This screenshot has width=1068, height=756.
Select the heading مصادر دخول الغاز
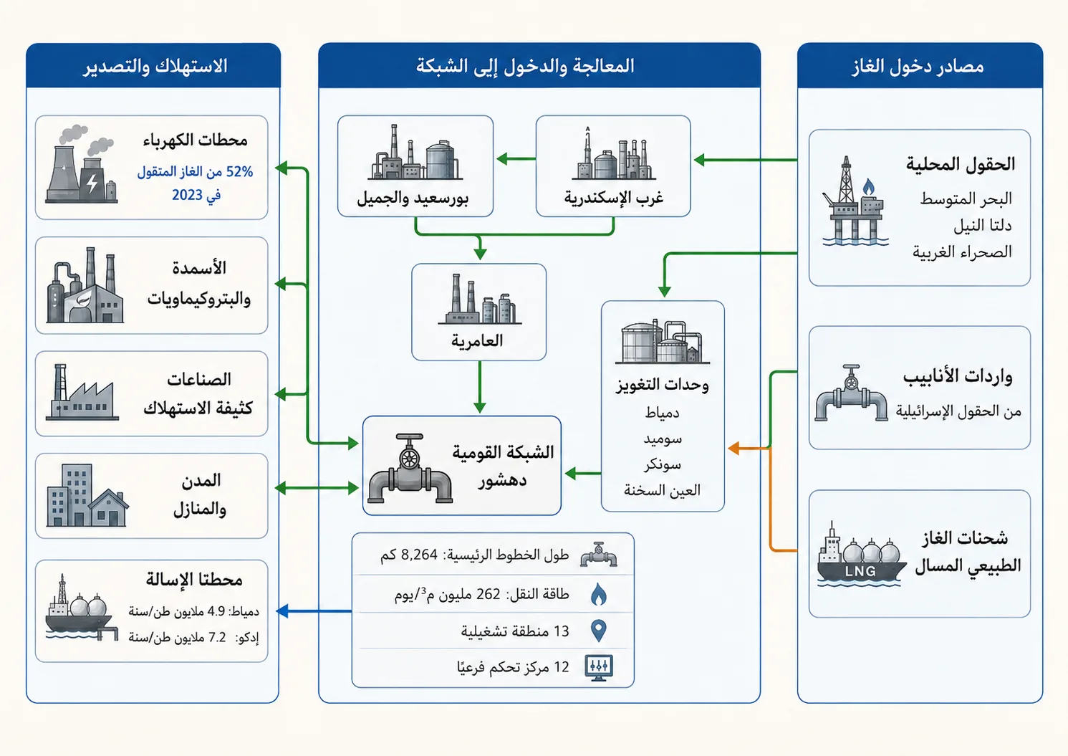point(918,67)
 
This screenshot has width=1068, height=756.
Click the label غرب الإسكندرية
point(614,197)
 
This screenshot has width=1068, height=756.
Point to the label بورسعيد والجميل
point(413,198)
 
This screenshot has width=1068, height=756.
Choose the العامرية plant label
point(477,340)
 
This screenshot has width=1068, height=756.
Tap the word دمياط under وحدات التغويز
point(663,413)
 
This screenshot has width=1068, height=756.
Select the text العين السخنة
point(663,490)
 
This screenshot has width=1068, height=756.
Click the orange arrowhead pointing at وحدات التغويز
point(733,449)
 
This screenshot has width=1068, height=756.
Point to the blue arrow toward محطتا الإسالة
point(314,611)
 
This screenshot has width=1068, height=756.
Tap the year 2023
point(188,195)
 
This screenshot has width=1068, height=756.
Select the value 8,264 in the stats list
point(419,555)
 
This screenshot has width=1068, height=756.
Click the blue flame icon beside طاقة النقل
point(598,594)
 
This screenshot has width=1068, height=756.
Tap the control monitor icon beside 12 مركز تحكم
point(599,668)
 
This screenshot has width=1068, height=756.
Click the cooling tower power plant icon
point(81,165)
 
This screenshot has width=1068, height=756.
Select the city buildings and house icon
point(87,495)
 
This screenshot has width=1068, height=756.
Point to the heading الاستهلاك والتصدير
point(155,67)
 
